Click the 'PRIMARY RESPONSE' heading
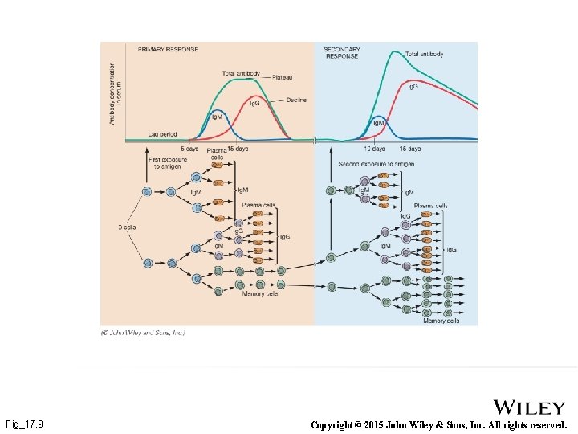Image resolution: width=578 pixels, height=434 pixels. (x=168, y=49)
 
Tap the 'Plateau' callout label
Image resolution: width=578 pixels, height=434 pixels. (x=281, y=77)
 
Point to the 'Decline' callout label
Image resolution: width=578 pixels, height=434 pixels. (x=296, y=100)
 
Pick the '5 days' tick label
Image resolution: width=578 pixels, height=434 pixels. (x=189, y=149)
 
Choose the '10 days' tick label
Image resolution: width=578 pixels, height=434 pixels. (x=374, y=149)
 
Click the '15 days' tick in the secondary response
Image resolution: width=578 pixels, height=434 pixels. (x=409, y=149)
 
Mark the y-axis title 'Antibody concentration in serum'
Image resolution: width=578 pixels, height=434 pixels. (x=115, y=84)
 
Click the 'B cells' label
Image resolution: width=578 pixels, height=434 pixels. (x=126, y=227)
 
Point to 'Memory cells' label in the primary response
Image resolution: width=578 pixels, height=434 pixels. (x=260, y=294)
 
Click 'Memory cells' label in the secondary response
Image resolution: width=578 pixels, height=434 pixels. (x=441, y=321)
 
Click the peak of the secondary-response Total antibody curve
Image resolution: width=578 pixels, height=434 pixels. (x=393, y=52)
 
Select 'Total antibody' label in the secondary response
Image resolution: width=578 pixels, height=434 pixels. (x=425, y=54)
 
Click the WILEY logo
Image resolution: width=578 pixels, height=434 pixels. (x=530, y=407)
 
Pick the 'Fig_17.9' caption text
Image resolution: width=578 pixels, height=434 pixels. (x=24, y=424)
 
